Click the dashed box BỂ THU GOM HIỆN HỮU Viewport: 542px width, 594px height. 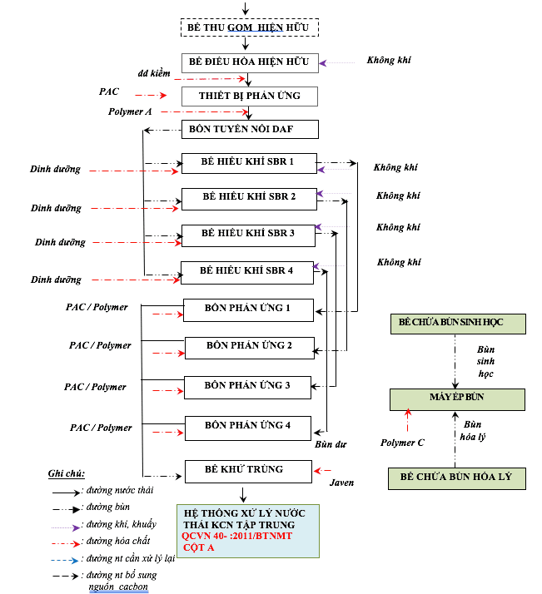[x=249, y=27]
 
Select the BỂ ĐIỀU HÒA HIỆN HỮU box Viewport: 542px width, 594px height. [x=249, y=62]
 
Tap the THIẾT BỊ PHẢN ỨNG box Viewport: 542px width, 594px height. [x=249, y=97]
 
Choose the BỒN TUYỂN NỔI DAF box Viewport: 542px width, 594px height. [x=249, y=129]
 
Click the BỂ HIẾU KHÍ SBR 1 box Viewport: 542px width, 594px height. [x=249, y=162]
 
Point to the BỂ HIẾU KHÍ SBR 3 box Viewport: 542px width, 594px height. [x=249, y=235]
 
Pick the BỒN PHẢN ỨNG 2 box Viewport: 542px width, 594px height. [x=249, y=345]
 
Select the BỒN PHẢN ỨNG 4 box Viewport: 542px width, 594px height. [x=249, y=426]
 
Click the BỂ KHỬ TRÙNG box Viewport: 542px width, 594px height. [x=244, y=470]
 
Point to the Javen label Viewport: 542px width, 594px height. [x=341, y=483]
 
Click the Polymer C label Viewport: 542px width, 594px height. [x=402, y=443]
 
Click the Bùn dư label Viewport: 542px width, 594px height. [x=330, y=444]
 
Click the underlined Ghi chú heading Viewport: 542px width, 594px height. [x=67, y=473]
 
